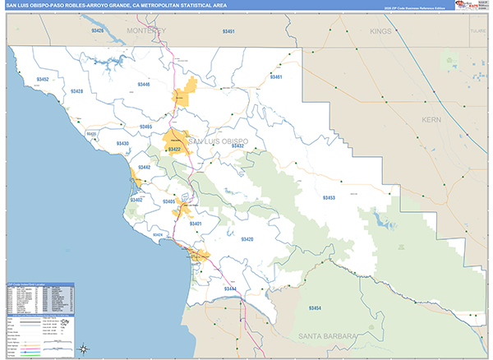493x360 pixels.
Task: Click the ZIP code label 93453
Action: click(x=329, y=198)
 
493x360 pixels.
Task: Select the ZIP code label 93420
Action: click(x=246, y=239)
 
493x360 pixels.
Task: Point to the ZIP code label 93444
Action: click(x=229, y=289)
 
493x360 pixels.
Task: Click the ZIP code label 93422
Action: click(x=174, y=150)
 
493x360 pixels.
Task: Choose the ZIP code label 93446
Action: click(x=144, y=85)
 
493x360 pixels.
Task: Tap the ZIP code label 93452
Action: click(x=43, y=80)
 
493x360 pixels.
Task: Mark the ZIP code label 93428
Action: click(x=76, y=91)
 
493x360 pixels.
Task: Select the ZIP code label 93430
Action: click(x=122, y=144)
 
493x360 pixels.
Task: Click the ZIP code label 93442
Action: click(x=144, y=168)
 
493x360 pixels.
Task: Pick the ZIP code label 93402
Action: click(x=136, y=200)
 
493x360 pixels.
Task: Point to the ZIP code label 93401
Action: click(x=196, y=224)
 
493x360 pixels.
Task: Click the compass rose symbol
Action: click(x=84, y=348)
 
